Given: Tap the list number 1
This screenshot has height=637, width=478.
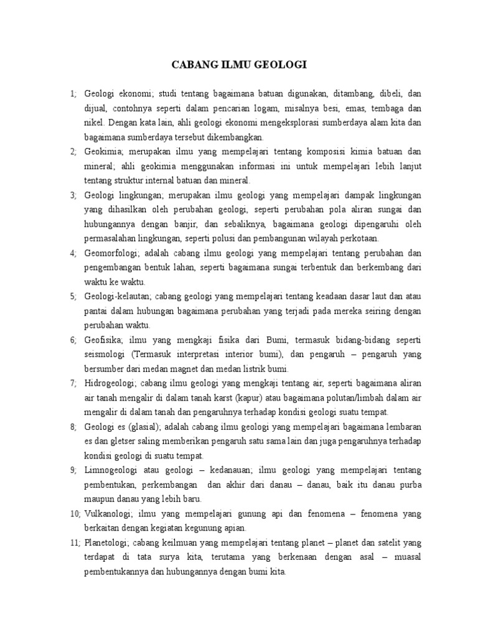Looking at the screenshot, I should (x=72, y=93).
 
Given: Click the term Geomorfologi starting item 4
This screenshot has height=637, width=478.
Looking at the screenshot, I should (x=114, y=253).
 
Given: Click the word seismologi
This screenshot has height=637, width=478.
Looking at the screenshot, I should (x=105, y=354).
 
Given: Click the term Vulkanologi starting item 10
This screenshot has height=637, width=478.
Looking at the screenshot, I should (x=109, y=513).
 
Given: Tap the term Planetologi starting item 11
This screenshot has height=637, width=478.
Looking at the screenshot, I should (x=108, y=542).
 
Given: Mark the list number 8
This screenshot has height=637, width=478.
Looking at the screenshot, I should (x=72, y=426).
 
